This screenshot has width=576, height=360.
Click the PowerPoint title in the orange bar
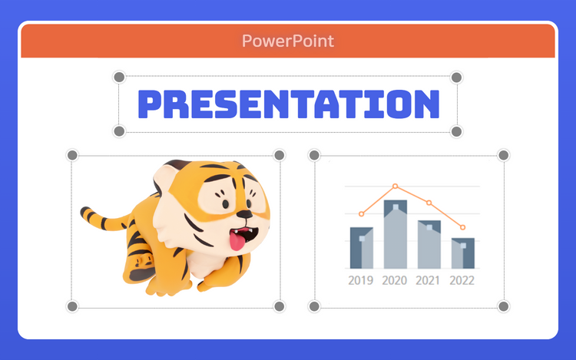(x=288, y=41)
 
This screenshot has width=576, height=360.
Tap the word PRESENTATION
(x=288, y=104)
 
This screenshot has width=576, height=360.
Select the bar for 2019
(x=362, y=248)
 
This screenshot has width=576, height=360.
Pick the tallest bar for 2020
(x=396, y=234)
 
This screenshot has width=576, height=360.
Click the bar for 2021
(x=429, y=244)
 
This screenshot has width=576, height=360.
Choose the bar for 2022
(x=463, y=253)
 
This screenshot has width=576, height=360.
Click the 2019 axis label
(x=361, y=280)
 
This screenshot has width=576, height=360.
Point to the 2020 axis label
(x=395, y=280)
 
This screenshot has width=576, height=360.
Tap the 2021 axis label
(x=428, y=280)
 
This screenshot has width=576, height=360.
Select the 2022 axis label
(x=462, y=280)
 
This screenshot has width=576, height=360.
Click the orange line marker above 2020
(x=396, y=186)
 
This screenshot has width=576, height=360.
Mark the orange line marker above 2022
(x=463, y=227)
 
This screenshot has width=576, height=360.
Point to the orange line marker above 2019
(x=362, y=214)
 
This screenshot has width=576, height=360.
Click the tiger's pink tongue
(x=237, y=241)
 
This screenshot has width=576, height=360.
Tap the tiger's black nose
(x=244, y=214)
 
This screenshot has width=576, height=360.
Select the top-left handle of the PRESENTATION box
(x=119, y=77)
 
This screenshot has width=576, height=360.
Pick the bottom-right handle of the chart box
(x=503, y=306)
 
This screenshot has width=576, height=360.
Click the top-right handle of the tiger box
(x=280, y=155)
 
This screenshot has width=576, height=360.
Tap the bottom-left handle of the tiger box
(x=72, y=306)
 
